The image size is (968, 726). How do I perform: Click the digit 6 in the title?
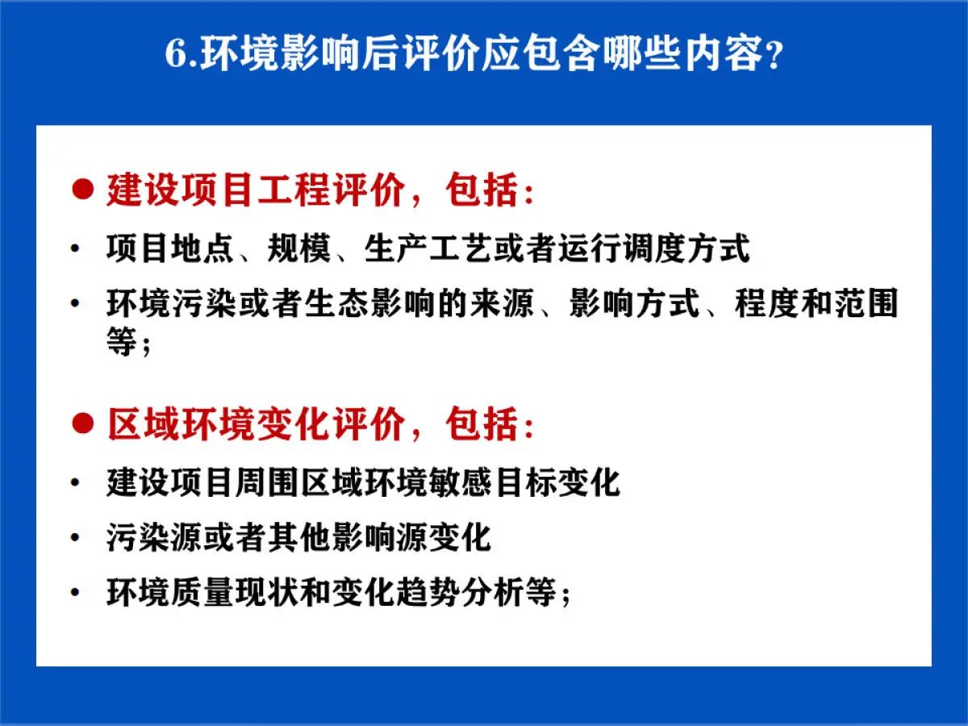[x=176, y=54]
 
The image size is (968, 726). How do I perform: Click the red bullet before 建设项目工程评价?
[x=82, y=190]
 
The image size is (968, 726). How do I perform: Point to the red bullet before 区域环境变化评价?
[x=82, y=423]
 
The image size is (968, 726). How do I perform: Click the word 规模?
[x=298, y=248]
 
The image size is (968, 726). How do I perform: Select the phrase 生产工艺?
[x=428, y=248]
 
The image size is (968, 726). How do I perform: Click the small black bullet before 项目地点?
[x=75, y=248]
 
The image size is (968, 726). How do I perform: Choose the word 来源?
[x=502, y=303]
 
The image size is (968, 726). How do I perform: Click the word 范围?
[x=866, y=303]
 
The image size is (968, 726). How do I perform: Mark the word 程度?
[x=767, y=303]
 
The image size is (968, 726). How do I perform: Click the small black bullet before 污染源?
[x=75, y=538]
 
